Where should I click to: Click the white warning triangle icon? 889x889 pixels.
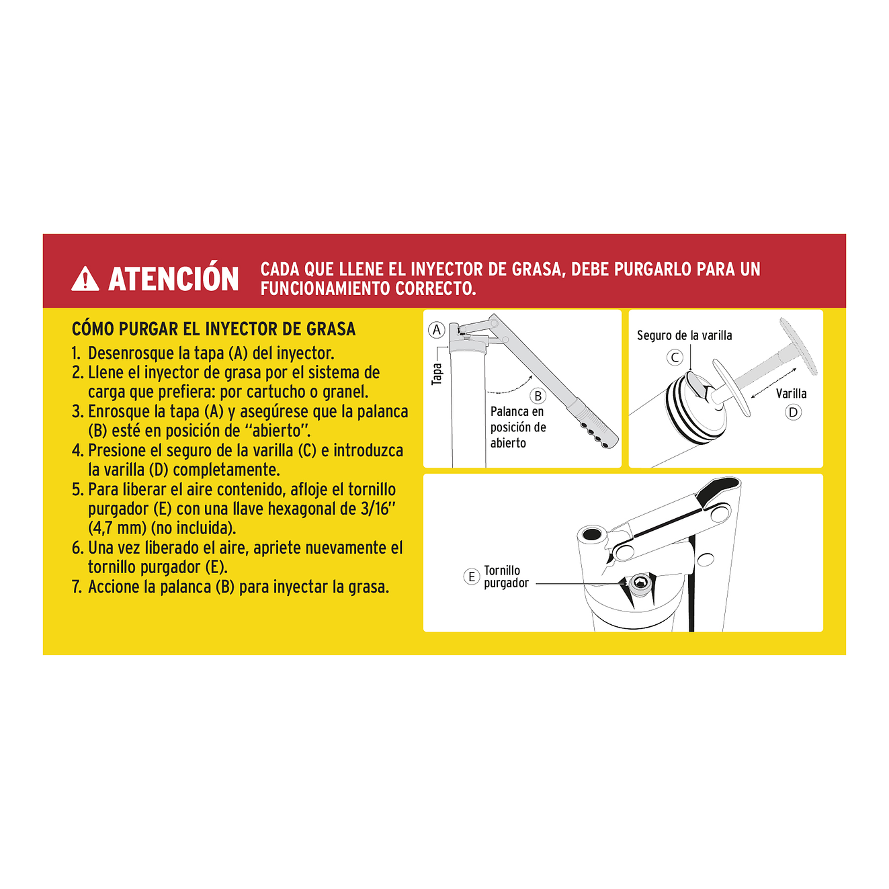85,279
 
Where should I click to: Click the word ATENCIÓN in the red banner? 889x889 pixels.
173,279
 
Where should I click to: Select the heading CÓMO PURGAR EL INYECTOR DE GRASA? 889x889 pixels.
213,329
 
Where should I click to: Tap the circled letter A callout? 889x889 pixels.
437,330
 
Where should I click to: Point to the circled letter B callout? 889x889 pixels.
538,396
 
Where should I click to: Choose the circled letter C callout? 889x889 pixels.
675,357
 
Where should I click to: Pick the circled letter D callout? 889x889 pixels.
793,412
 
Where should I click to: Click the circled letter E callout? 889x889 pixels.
472,577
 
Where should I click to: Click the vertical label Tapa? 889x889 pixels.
437,374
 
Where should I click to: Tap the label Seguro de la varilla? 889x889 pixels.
684,335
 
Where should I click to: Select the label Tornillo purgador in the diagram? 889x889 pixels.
505,577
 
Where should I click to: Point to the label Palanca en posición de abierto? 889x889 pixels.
517,427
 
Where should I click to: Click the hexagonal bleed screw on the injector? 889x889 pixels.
640,583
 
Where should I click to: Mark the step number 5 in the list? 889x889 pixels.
77,490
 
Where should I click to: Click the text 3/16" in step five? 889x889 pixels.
376,509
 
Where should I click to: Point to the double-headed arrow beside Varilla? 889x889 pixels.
773,383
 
